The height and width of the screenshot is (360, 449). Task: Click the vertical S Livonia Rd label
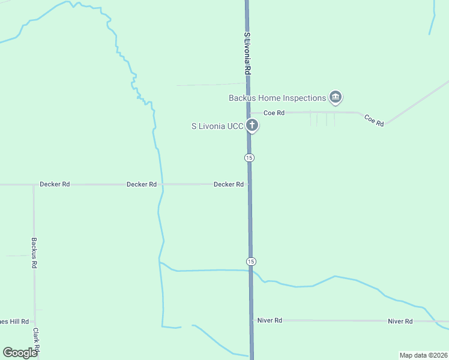(x=247, y=53)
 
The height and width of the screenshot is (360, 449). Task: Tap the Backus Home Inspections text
(x=277, y=98)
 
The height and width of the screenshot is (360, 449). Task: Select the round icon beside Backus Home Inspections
(x=336, y=97)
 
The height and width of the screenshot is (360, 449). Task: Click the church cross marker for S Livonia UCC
(x=253, y=126)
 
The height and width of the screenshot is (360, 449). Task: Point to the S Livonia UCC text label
(x=217, y=126)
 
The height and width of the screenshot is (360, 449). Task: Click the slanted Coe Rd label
(x=374, y=120)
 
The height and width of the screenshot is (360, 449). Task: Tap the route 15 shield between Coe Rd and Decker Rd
(x=250, y=157)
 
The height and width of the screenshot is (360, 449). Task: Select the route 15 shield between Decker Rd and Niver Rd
(x=251, y=262)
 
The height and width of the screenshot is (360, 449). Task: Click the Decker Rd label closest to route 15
(x=229, y=184)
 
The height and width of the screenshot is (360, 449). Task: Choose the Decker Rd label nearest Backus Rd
(x=55, y=184)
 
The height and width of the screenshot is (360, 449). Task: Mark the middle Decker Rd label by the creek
(x=142, y=184)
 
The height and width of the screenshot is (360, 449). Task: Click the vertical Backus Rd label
(x=34, y=252)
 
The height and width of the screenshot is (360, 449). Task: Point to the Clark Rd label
(x=37, y=340)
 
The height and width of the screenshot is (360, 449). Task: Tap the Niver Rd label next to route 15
(x=270, y=320)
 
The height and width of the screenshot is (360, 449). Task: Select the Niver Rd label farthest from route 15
(x=400, y=321)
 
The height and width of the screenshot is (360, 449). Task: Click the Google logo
(x=20, y=353)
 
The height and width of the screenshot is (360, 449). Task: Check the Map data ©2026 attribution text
(x=423, y=355)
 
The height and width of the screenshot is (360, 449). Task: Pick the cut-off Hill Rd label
(x=13, y=322)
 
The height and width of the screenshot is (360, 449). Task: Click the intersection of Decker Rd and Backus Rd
(x=34, y=185)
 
